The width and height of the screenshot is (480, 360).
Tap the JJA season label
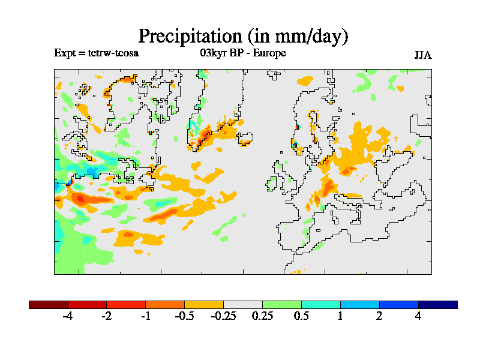[423, 55]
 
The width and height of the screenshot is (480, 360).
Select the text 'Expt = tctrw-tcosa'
[97, 53]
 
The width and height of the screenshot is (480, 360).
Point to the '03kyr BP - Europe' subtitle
[243, 53]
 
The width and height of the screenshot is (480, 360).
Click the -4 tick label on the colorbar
[68, 316]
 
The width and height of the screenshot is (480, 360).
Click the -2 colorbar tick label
[106, 316]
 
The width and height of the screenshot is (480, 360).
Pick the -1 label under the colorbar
[145, 316]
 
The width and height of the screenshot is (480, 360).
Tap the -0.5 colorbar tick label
[184, 316]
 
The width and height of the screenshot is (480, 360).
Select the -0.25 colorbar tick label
[223, 316]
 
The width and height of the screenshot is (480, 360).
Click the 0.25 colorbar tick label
[262, 316]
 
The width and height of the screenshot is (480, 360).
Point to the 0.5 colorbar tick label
[301, 316]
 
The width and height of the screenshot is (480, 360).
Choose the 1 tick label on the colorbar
[340, 316]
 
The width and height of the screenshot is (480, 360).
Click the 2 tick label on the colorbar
[379, 316]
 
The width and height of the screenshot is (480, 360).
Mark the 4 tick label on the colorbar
[418, 316]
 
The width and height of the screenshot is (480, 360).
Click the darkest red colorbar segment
[49, 305]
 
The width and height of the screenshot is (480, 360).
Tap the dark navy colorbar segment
[437, 305]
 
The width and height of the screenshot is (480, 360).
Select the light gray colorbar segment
[243, 305]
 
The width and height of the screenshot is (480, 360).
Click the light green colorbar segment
[282, 305]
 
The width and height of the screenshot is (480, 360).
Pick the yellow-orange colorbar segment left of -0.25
[204, 305]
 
